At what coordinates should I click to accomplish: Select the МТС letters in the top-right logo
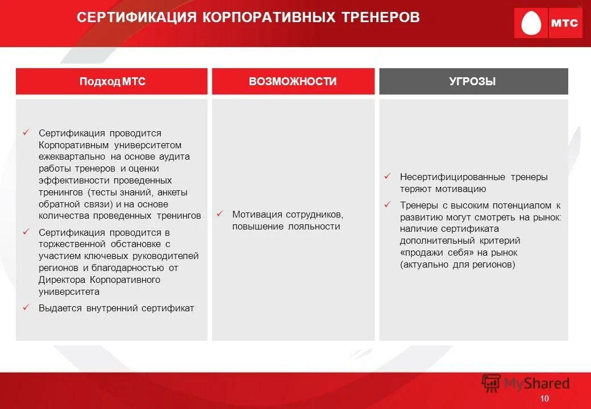564,24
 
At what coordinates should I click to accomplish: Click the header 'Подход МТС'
113,82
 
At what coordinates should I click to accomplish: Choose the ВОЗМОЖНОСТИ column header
293,82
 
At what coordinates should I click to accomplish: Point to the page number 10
544,399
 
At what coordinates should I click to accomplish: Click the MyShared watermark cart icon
491,383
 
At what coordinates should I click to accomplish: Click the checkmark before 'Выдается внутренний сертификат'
26,307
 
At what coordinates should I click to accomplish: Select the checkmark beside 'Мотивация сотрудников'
219,214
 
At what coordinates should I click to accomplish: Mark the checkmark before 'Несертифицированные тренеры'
387,176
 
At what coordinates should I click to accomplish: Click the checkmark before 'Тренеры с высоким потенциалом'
387,204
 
